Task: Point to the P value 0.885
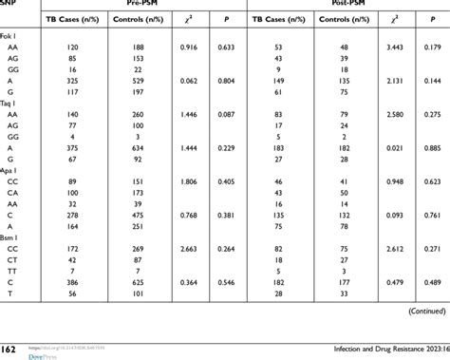tap(432, 174)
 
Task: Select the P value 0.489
tap(432, 309)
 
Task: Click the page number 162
tap(9, 350)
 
